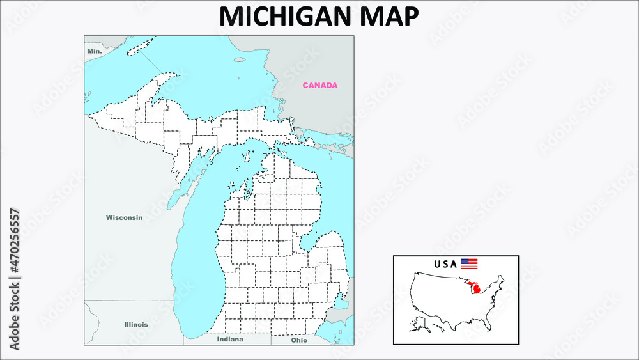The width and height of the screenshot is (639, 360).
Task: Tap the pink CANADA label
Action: pos(319,85)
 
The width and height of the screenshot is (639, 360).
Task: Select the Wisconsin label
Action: pos(124,217)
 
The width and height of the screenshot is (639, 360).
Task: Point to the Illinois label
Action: pos(135,324)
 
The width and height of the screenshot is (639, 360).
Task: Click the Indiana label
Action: pos(230,340)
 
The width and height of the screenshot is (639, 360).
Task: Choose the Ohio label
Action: pos(299,340)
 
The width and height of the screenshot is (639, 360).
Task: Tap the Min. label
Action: pos(95,50)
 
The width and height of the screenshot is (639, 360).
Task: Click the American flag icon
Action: pos(469,263)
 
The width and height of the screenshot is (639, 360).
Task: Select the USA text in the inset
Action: pos(445,263)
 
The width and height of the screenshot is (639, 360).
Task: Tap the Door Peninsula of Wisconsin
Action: pos(181,188)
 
